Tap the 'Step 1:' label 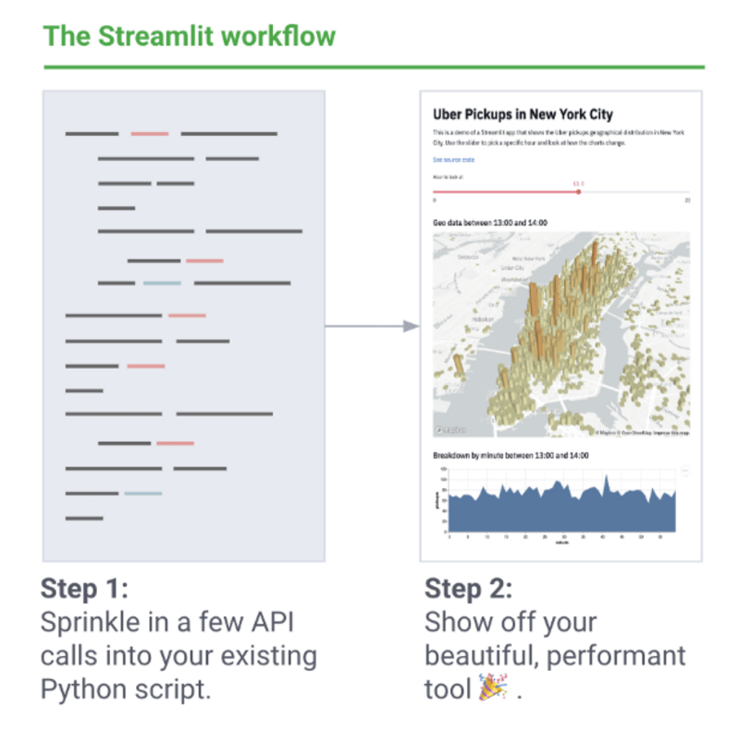click(x=85, y=589)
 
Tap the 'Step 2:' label click(x=468, y=589)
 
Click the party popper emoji click(x=492, y=689)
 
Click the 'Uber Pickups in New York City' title click(x=523, y=115)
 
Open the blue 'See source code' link click(x=453, y=160)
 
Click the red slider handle click(x=579, y=191)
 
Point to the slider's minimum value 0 click(x=435, y=200)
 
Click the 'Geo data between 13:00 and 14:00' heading click(x=490, y=223)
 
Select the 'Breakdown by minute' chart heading click(x=510, y=456)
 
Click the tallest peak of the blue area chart click(x=606, y=478)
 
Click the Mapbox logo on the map click(x=450, y=430)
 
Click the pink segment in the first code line click(x=150, y=134)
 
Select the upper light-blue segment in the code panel click(x=162, y=283)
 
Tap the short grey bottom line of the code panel click(x=84, y=518)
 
